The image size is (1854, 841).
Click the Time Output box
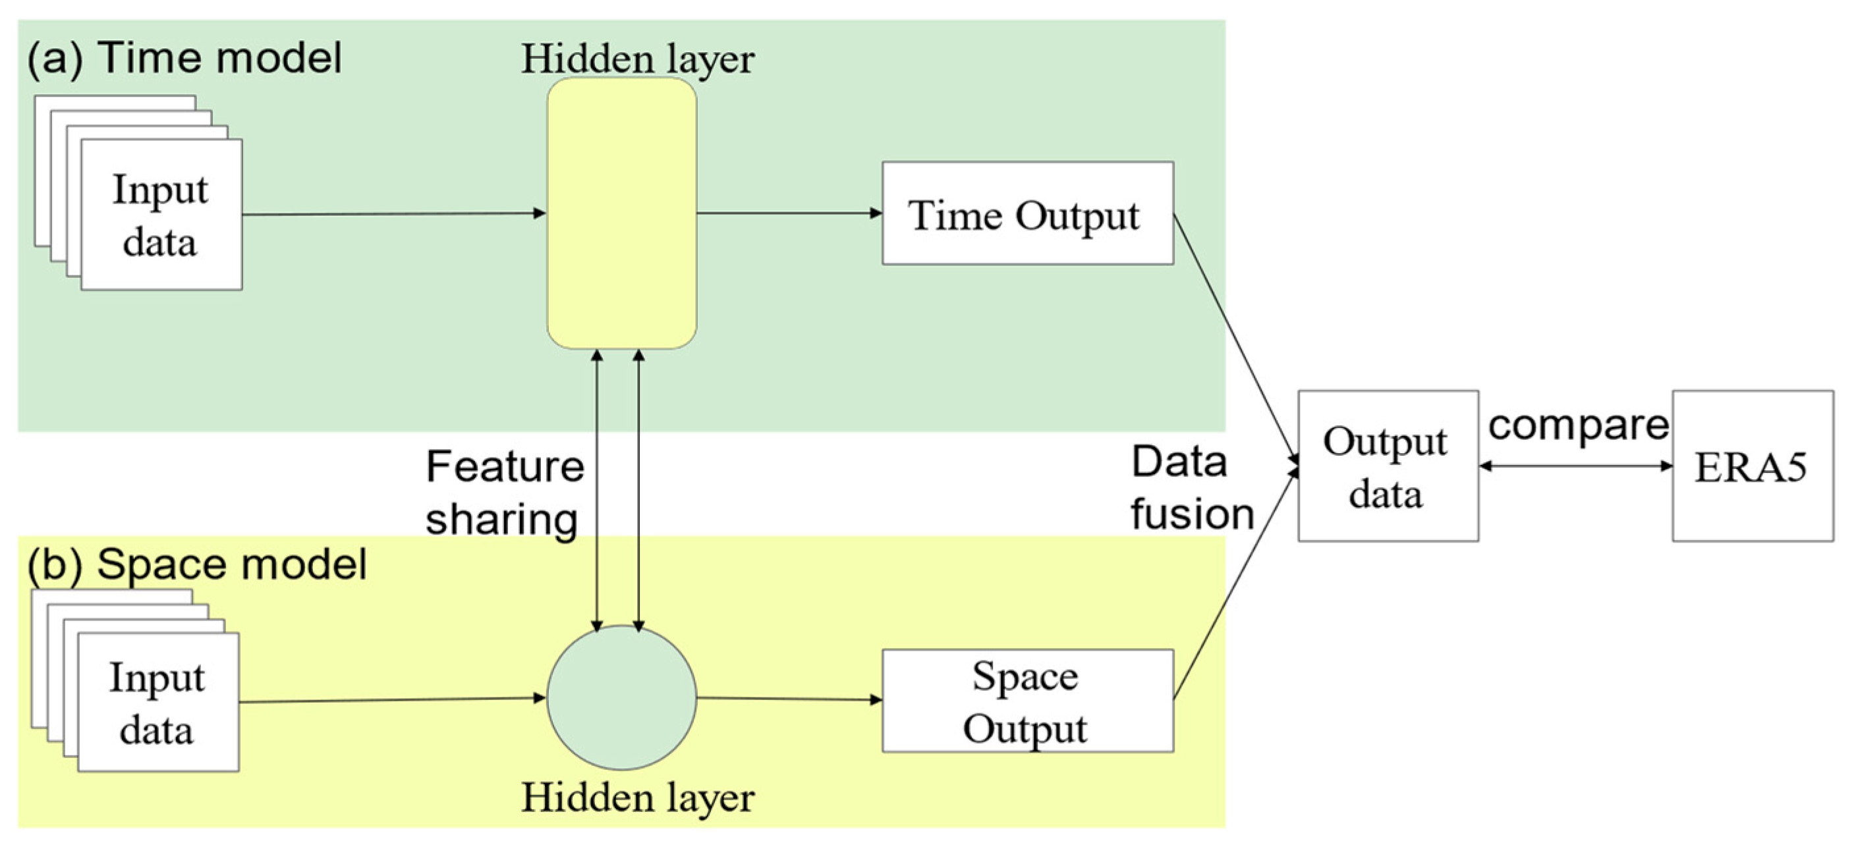pos(1027,213)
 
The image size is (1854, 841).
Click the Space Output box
pos(1027,701)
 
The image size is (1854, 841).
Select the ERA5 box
pos(1752,466)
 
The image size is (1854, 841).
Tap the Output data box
pos(1388,466)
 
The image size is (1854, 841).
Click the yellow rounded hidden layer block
pos(621,213)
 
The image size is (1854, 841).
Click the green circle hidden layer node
pos(621,697)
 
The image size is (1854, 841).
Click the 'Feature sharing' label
pos(504,492)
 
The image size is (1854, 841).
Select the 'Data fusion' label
pos(1191,488)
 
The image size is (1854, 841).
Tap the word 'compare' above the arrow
pos(1578,426)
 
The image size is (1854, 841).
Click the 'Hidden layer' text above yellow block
pos(638,59)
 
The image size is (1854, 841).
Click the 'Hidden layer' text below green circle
pos(638,797)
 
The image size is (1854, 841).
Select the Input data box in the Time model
pos(161,215)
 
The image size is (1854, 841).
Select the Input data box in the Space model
pos(157,702)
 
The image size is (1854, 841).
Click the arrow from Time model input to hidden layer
pos(392,213)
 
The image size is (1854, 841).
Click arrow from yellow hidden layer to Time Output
pos(788,213)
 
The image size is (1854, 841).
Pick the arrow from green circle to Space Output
pos(788,699)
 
